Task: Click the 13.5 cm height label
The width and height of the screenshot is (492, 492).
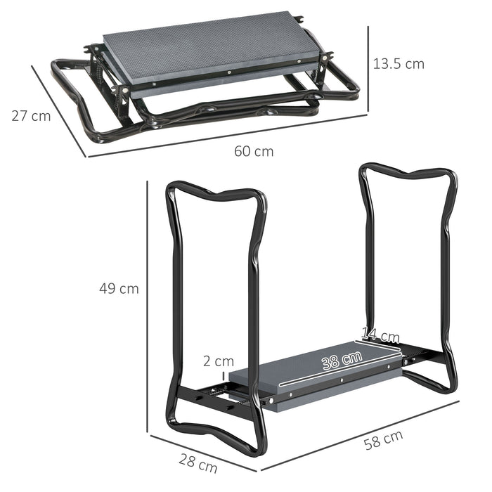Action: pyautogui.click(x=399, y=64)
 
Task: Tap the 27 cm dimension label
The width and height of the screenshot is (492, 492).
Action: pyautogui.click(x=31, y=116)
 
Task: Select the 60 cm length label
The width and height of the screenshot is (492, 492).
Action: pyautogui.click(x=254, y=151)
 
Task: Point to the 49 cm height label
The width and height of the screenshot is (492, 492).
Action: pyautogui.click(x=119, y=288)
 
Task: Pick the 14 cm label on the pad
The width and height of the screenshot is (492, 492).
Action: pyautogui.click(x=380, y=337)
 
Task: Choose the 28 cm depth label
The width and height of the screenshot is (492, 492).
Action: pyautogui.click(x=198, y=465)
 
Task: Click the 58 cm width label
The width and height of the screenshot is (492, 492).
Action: pyautogui.click(x=383, y=441)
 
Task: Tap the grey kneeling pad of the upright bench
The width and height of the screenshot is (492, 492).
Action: pyautogui.click(x=316, y=373)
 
